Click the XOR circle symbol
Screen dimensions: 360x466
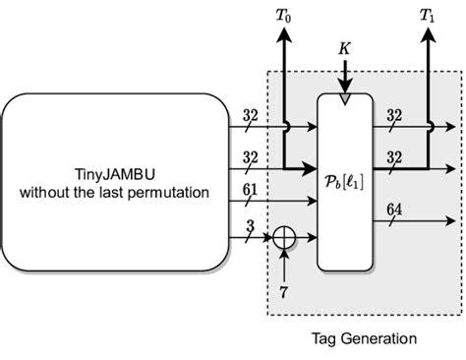pyautogui.click(x=284, y=237)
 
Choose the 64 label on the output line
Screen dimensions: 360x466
pyautogui.click(x=393, y=210)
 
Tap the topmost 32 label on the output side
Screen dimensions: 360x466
pyautogui.click(x=393, y=116)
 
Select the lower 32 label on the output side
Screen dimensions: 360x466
pyautogui.click(x=393, y=156)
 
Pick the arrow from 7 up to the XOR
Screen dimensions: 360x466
pyautogui.click(x=284, y=266)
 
